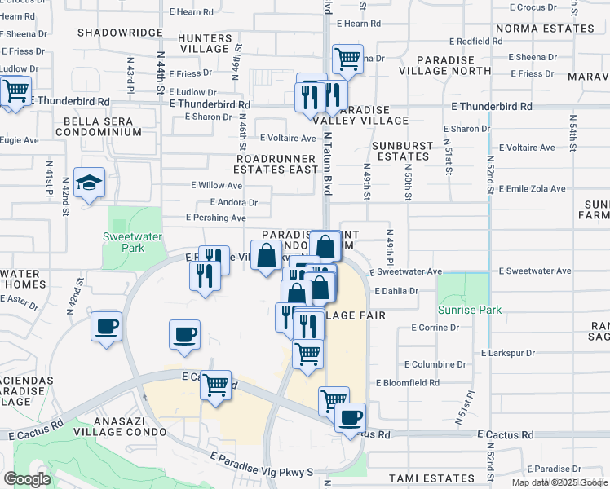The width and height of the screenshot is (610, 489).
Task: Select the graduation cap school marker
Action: (89, 184)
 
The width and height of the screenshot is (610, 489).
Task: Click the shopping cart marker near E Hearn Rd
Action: (347, 59)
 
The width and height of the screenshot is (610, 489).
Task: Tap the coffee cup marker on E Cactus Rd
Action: (351, 418)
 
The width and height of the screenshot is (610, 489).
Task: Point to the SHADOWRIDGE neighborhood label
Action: (118, 33)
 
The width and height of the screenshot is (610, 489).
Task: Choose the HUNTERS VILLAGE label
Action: (205, 42)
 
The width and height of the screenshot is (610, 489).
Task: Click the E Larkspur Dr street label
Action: (507, 353)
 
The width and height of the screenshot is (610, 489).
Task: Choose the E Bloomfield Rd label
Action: (408, 382)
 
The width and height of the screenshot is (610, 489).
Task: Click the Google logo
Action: (27, 478)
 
